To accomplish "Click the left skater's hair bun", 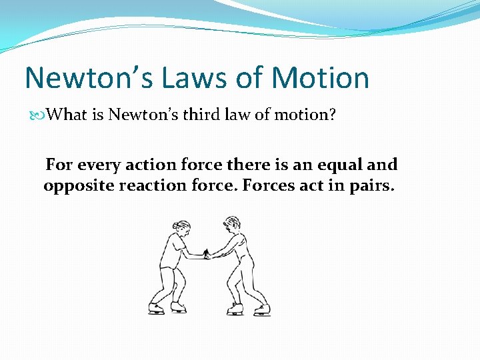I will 174,224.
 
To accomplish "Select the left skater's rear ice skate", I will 156,308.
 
